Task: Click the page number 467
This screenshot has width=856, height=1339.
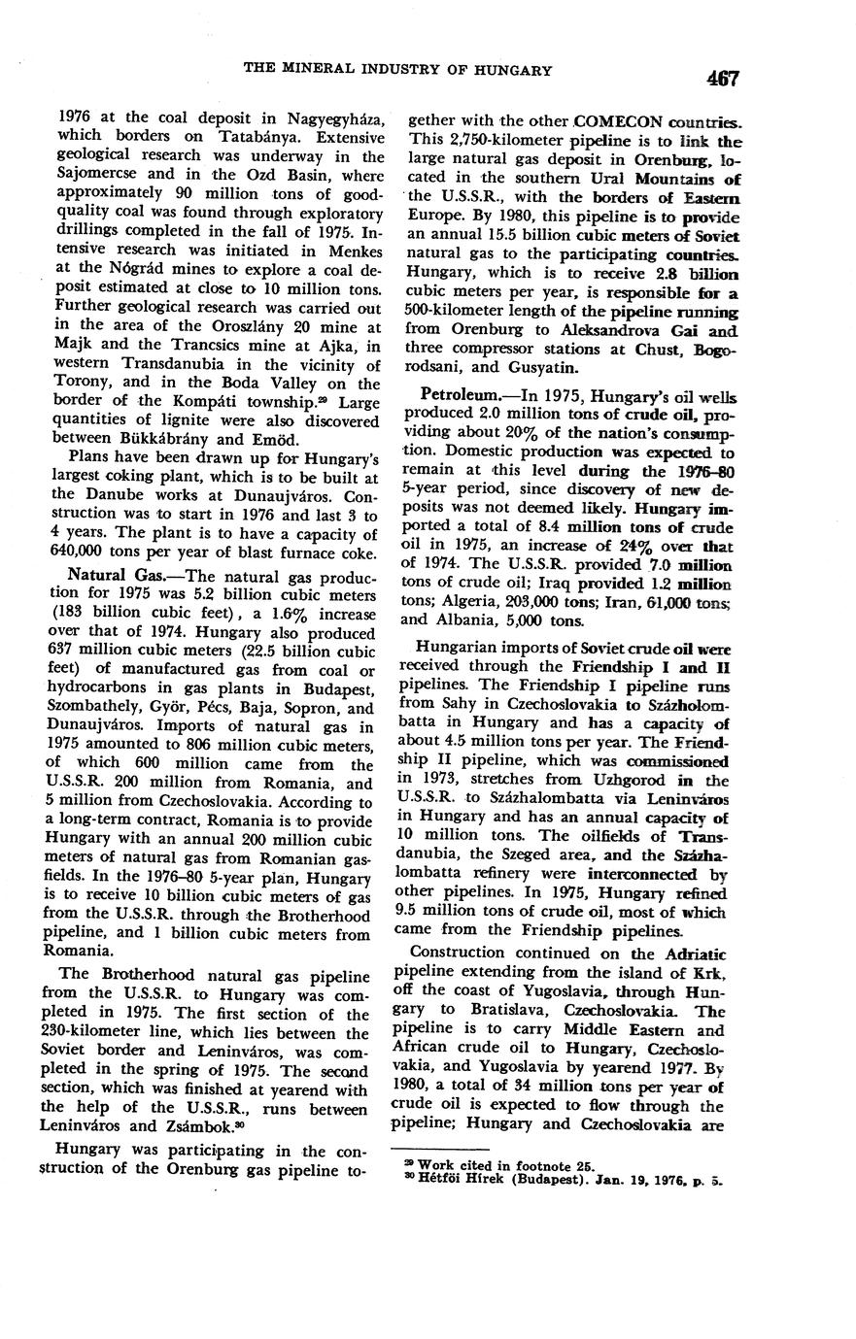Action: click(724, 78)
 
